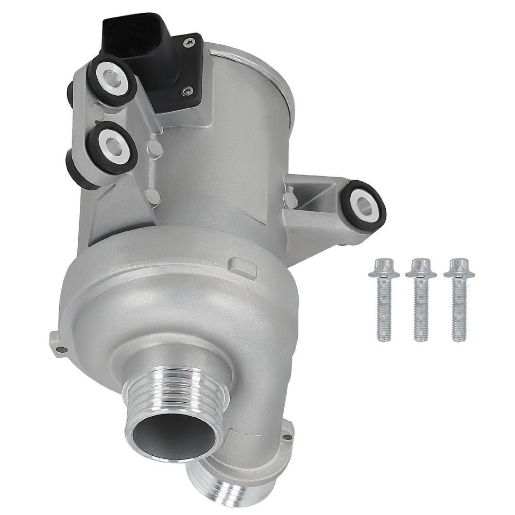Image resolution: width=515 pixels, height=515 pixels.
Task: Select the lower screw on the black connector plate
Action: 185,91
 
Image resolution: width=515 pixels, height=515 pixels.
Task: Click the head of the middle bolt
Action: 420,268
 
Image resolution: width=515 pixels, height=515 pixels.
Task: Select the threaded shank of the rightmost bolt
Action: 459,314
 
